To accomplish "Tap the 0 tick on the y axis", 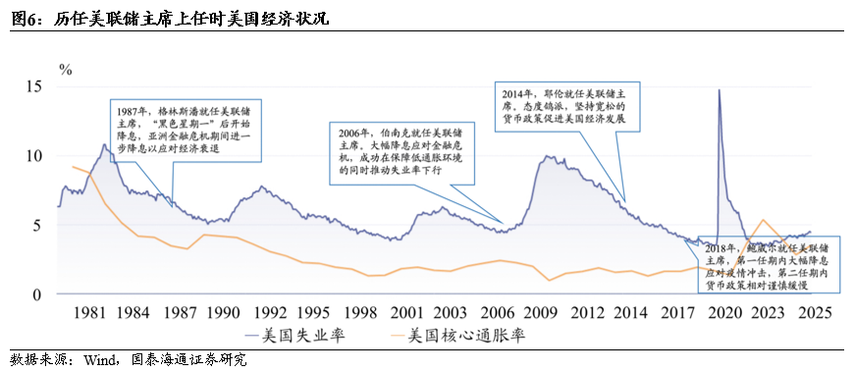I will (39, 294).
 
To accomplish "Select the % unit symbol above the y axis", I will (65, 69).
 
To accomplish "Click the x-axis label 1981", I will (90, 312).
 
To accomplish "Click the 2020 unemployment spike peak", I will (719, 90).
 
